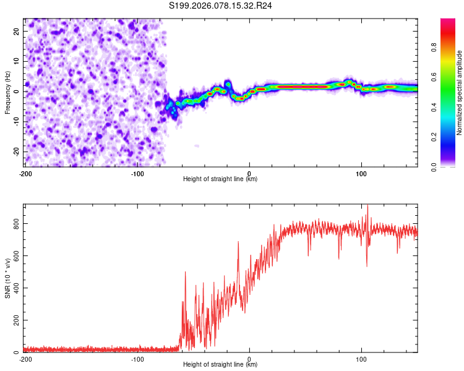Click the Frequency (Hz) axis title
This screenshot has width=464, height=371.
(x=7, y=93)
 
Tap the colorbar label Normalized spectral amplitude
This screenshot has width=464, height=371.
(x=460, y=93)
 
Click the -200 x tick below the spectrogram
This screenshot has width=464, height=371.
(x=25, y=173)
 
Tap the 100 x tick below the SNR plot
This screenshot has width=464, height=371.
(x=361, y=359)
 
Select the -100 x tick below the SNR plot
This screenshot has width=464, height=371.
(x=137, y=359)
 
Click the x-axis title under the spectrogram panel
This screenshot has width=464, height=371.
(x=220, y=179)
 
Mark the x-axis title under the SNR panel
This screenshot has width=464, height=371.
(x=220, y=365)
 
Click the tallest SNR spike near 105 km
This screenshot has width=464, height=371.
(x=367, y=206)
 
